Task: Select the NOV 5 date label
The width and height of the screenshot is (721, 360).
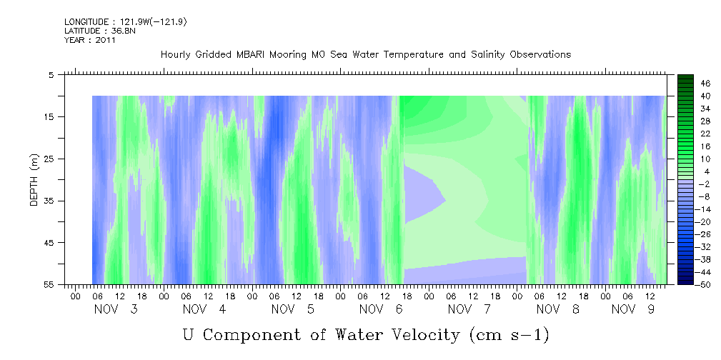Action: [x=293, y=309]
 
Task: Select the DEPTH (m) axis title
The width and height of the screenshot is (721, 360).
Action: [x=34, y=184]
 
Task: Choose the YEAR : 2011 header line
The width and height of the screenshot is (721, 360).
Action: [x=90, y=40]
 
